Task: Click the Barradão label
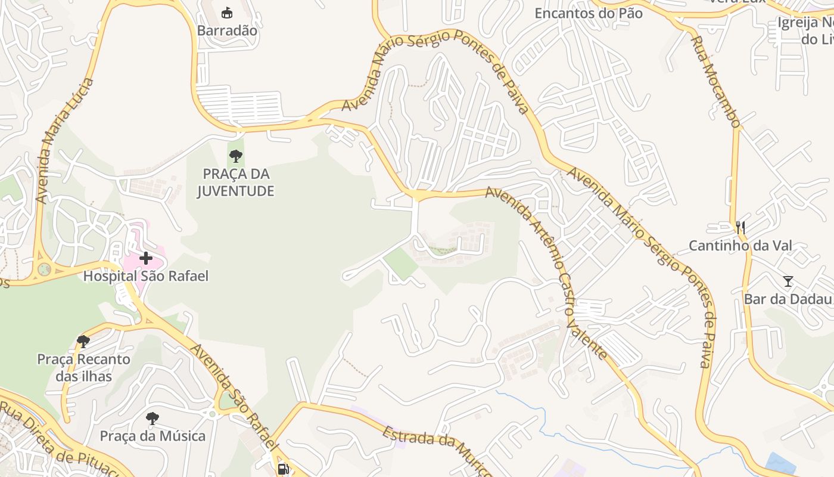point(227,30)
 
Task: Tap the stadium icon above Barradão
point(227,13)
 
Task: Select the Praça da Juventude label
point(235,182)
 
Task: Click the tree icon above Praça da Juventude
point(236,157)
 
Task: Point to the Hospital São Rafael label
point(146,276)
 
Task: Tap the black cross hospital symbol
point(145,258)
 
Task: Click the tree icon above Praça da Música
point(153,418)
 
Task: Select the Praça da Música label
point(153,436)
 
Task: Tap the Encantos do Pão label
point(589,13)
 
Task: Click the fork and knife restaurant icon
point(740,227)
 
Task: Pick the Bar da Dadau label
point(788,299)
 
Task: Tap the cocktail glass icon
point(788,281)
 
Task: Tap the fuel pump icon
point(284,469)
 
